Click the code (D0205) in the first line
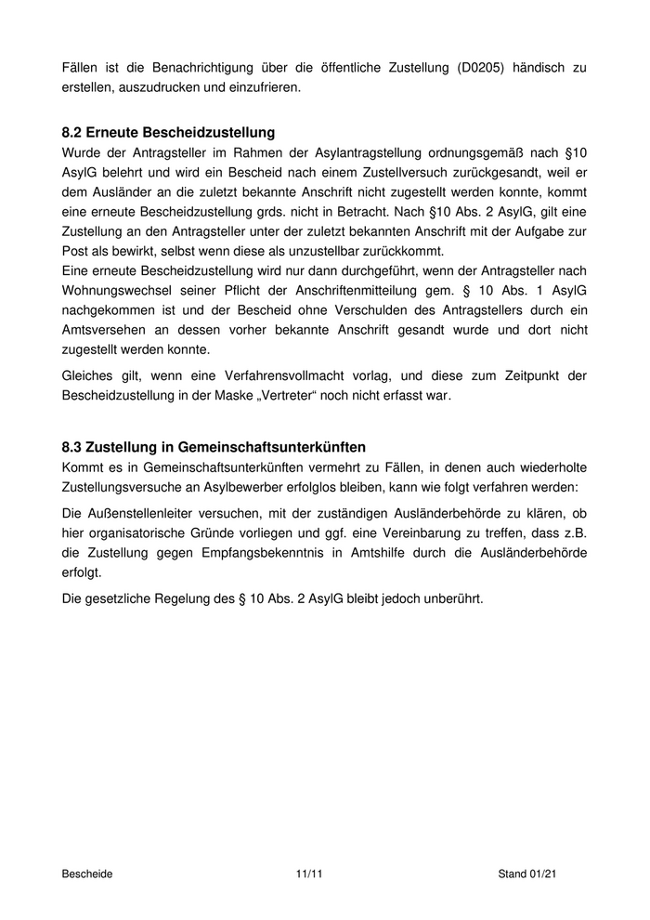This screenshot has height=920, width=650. coord(483,68)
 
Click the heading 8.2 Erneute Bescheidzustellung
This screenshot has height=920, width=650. coord(168,133)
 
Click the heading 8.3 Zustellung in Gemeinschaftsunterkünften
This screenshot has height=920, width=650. coord(214,447)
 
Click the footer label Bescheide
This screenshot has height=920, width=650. coord(86,874)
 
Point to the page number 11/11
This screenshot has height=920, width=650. coord(308,874)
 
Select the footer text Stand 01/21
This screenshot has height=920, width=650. coord(527,874)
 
